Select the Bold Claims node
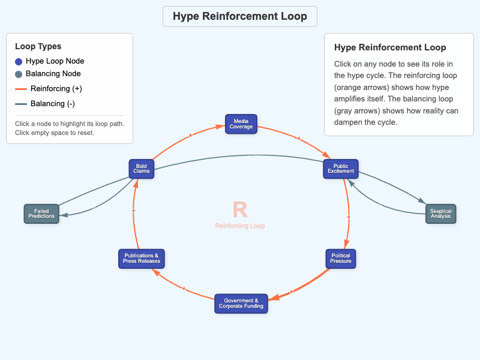coord(142,169)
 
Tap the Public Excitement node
coord(341,169)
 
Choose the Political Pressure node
coord(341,259)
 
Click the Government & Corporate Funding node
coord(241,303)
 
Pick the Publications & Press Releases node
coord(142,259)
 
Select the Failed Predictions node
coord(41,214)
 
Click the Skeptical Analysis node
coord(440,214)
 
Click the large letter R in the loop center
coord(240,209)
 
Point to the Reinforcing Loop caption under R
coord(240,226)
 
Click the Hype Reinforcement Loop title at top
coord(240,16)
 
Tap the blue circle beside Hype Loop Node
coord(19,61)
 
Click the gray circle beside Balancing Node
coord(19,74)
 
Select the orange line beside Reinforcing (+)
coord(20,89)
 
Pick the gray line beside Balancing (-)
coord(20,104)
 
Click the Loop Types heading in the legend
coord(38,46)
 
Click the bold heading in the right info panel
coord(390,47)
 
